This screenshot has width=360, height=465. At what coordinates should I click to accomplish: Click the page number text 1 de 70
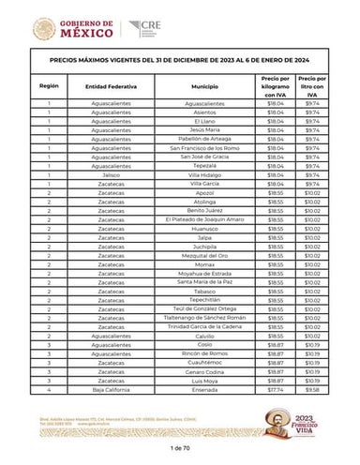click(180, 452)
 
